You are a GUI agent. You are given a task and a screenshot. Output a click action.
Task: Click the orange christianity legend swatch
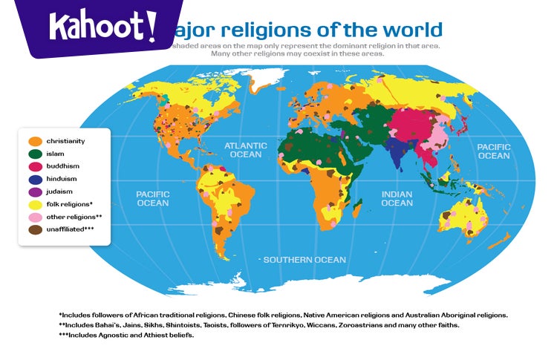[34, 141]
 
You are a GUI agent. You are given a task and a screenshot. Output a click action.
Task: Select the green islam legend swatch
[34, 154]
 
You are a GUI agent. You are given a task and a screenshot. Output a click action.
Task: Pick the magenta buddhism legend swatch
[34, 166]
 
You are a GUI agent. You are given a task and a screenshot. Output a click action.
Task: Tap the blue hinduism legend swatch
[34, 179]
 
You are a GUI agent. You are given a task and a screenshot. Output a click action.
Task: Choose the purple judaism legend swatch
[34, 192]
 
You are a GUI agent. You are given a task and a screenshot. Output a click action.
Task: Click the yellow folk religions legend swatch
[34, 204]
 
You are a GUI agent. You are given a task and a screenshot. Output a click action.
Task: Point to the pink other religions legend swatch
[34, 217]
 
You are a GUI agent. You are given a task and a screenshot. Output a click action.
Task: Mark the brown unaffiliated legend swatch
[34, 229]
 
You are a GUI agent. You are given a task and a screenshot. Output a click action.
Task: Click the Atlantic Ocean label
[246, 150]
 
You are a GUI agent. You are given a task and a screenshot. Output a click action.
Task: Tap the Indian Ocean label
[397, 198]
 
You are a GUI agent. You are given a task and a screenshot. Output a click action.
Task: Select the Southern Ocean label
[304, 260]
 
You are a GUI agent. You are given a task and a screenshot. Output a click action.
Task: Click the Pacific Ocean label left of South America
[152, 198]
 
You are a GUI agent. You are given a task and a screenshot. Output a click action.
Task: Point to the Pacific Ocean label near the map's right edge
[493, 151]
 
